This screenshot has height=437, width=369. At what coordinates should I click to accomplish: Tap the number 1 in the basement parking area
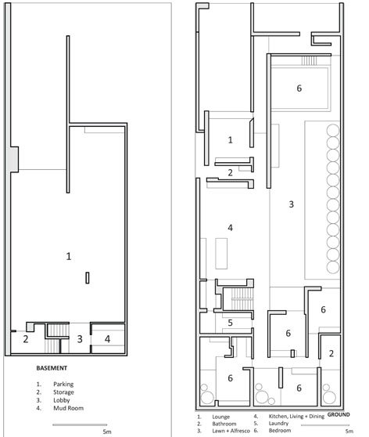coord(70,255)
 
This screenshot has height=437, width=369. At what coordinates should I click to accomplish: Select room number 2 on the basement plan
coord(26,338)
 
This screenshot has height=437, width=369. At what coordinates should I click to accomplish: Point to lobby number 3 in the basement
coord(79,338)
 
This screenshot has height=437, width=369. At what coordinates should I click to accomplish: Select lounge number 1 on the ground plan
coord(230,139)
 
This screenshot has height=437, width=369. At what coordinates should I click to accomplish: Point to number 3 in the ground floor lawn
coord(291,204)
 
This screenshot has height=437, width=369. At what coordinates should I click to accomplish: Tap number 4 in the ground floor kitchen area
coord(230,228)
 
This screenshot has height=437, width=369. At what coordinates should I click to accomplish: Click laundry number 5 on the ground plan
coord(230,322)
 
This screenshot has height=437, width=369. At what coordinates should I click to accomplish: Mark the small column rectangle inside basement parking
coord(88,277)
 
